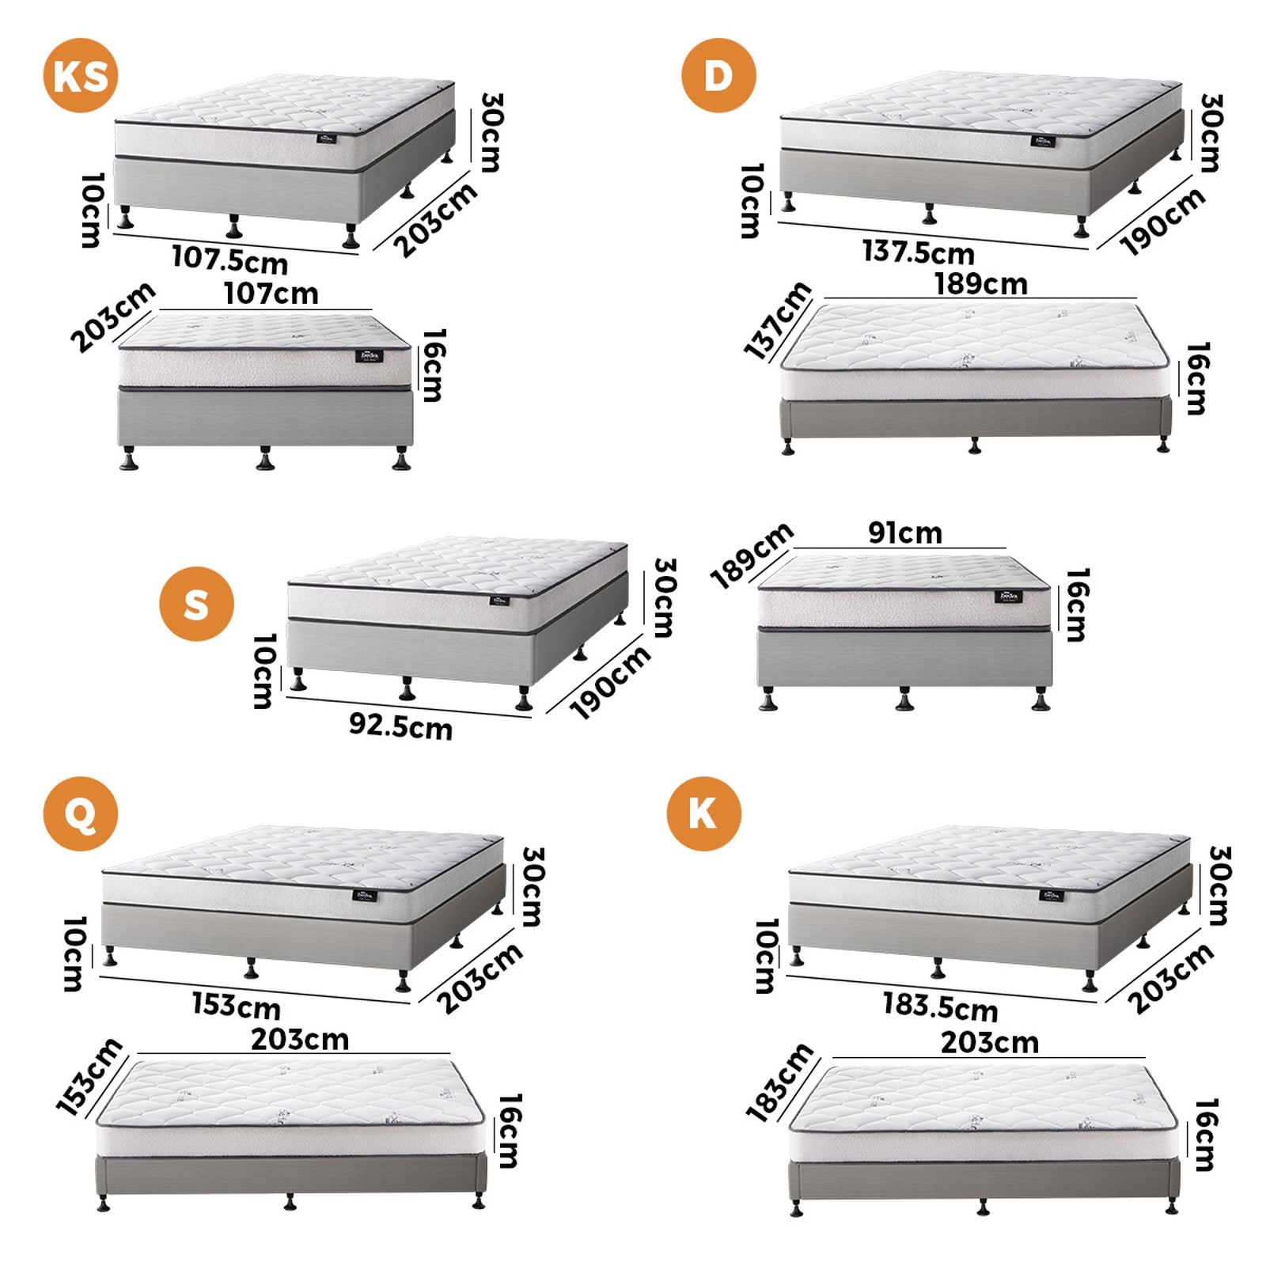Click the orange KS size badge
tap(80, 75)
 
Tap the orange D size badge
tap(718, 75)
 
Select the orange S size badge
tap(196, 604)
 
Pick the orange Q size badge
tap(80, 813)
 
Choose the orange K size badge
tap(703, 813)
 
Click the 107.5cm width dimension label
tap(229, 260)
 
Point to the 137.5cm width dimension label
tap(918, 252)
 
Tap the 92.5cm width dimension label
tap(400, 726)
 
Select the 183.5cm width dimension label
tap(940, 1006)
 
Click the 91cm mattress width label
tap(905, 533)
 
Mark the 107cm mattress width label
tap(271, 294)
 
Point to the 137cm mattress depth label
tap(778, 320)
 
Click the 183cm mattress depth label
tap(780, 1082)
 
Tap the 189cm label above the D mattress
tap(981, 283)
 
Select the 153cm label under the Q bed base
tap(236, 1006)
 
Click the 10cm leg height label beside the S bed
tap(264, 670)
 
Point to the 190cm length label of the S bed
tap(610, 682)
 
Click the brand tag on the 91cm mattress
tap(1008, 596)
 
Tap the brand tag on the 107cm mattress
tap(370, 355)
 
